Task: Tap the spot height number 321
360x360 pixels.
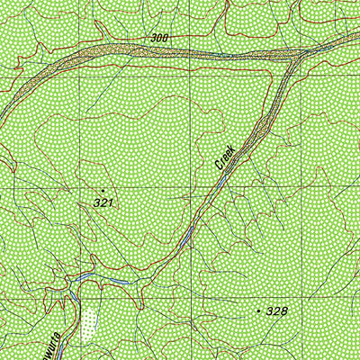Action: point(103,203)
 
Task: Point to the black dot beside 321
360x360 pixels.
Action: point(103,190)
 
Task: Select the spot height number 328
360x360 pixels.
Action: point(277,311)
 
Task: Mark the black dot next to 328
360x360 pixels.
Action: point(259,310)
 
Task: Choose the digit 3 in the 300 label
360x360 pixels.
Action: point(154,37)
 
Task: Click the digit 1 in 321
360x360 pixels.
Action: point(109,203)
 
